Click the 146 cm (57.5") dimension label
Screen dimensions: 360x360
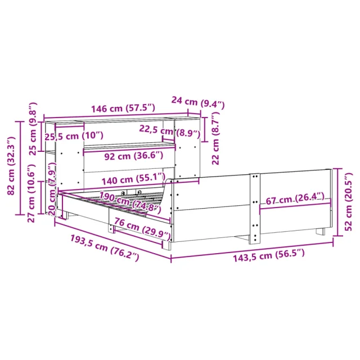click(x=123, y=108)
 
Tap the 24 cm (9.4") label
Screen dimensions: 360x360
click(x=198, y=102)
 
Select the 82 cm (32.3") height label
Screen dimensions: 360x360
click(x=11, y=165)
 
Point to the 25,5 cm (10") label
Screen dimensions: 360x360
click(x=74, y=136)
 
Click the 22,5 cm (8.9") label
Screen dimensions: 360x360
click(x=170, y=131)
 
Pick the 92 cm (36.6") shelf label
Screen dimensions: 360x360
click(x=134, y=156)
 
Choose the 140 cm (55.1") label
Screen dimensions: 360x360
click(x=133, y=179)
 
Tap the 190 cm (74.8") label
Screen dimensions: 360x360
click(x=130, y=202)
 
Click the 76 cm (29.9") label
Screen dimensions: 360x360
click(x=142, y=228)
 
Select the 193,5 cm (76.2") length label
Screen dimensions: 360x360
click(x=105, y=247)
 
